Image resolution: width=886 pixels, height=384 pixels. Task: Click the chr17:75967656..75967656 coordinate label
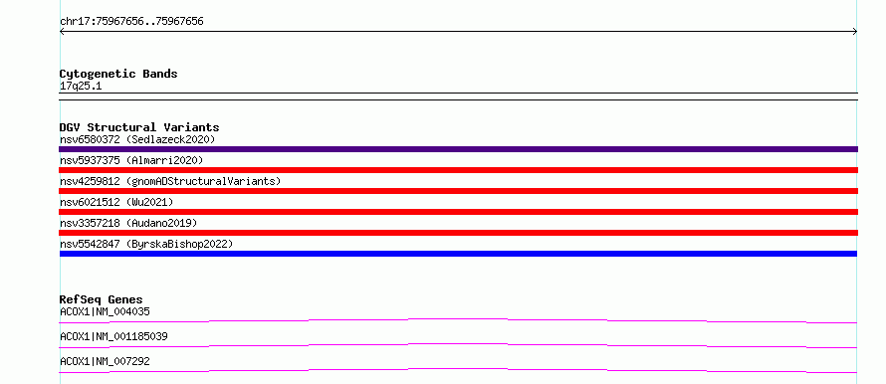pyautogui.click(x=131, y=22)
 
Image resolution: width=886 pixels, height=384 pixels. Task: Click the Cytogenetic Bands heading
pyautogui.click(x=118, y=74)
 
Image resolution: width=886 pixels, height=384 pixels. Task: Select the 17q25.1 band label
pyautogui.click(x=81, y=87)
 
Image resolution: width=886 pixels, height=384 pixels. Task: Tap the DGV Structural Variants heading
pyautogui.click(x=139, y=127)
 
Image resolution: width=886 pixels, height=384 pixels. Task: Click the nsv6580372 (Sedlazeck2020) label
pyautogui.click(x=137, y=139)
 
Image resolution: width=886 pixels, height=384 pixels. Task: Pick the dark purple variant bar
pyautogui.click(x=458, y=149)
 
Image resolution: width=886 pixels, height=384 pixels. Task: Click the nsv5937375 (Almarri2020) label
pyautogui.click(x=131, y=160)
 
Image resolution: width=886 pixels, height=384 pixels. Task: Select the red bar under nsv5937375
pyautogui.click(x=458, y=170)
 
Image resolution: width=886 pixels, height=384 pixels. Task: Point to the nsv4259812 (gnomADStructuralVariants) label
pyautogui.click(x=170, y=181)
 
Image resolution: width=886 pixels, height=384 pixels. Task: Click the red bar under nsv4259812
pyautogui.click(x=458, y=191)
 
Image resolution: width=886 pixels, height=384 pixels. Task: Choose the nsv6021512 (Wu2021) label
pyautogui.click(x=116, y=202)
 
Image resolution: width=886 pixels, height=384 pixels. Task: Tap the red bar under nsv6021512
pyautogui.click(x=458, y=212)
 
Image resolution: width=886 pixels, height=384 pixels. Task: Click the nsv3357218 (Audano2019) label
pyautogui.click(x=128, y=223)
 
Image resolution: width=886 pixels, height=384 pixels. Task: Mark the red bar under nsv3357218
pyautogui.click(x=458, y=233)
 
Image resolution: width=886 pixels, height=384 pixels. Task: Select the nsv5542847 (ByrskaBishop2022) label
pyautogui.click(x=146, y=244)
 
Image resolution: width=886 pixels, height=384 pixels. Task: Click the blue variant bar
pyautogui.click(x=458, y=254)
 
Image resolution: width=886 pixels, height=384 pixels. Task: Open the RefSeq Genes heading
pyautogui.click(x=102, y=299)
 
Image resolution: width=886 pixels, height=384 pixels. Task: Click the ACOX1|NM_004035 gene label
pyautogui.click(x=106, y=311)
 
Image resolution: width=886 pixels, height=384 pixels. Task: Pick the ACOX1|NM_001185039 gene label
pyautogui.click(x=113, y=336)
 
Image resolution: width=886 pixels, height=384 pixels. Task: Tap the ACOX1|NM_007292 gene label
pyautogui.click(x=106, y=361)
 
